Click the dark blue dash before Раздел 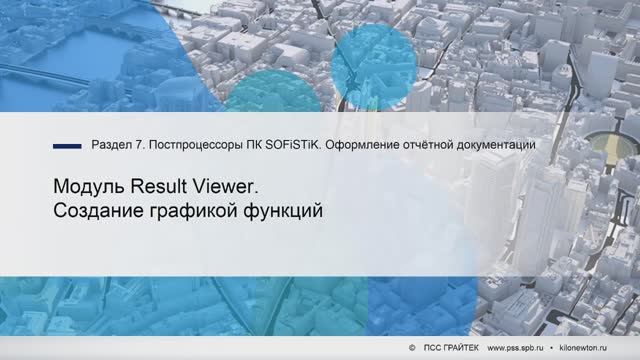pos(67,146)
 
